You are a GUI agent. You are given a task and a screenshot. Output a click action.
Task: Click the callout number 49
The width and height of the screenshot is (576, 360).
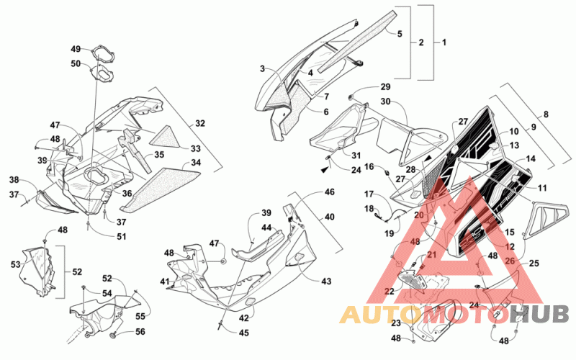(76, 49)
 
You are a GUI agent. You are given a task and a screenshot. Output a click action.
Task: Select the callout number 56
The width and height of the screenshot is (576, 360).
(140, 332)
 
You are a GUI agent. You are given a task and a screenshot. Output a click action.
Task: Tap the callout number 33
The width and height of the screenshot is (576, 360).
(196, 148)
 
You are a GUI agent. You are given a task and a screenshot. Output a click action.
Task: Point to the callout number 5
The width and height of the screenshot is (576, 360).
(400, 34)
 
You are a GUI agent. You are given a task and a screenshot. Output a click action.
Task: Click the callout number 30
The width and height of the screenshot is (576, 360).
(385, 101)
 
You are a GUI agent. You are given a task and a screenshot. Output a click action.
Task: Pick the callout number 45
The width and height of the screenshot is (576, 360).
(244, 333)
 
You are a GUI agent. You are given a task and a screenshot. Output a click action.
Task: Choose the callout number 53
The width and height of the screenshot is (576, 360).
(15, 264)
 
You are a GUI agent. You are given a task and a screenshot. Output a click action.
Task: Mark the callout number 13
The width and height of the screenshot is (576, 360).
(514, 145)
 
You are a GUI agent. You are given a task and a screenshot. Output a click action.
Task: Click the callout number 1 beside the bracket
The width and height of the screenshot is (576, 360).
(444, 42)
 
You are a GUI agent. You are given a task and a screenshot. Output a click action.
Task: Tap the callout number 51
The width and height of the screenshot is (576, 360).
(121, 236)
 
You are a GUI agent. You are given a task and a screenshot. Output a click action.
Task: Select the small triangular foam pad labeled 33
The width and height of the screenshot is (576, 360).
(166, 137)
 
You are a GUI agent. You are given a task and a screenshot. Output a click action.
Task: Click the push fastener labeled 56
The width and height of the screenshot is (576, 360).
(114, 336)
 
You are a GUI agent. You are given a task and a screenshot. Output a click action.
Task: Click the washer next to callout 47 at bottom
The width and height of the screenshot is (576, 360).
(223, 261)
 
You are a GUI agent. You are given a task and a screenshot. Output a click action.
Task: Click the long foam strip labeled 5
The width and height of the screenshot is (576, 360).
(357, 41)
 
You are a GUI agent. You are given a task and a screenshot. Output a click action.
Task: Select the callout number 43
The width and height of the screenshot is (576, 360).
(326, 281)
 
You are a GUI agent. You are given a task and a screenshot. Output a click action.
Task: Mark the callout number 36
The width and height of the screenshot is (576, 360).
(127, 193)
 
